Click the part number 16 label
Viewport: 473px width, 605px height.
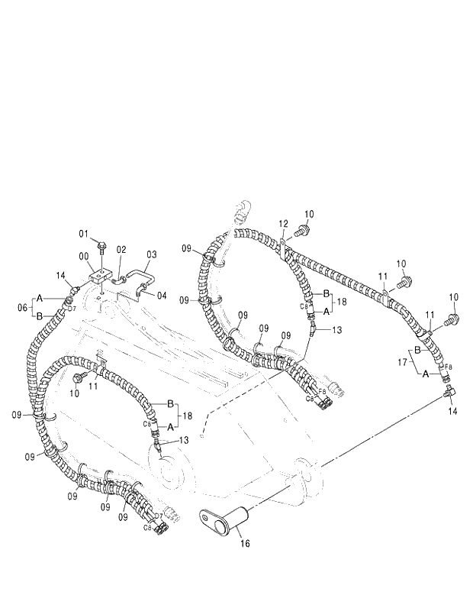tap(246, 544)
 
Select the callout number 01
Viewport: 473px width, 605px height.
tap(84, 233)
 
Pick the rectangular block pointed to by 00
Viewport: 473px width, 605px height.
tap(100, 277)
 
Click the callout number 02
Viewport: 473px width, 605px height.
tap(121, 250)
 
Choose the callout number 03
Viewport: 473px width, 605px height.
tap(151, 254)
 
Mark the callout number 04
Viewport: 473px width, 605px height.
tap(162, 295)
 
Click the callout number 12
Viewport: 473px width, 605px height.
tap(283, 223)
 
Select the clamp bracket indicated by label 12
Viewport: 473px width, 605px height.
tap(283, 247)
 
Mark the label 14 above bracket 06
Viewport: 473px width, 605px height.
tap(62, 275)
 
